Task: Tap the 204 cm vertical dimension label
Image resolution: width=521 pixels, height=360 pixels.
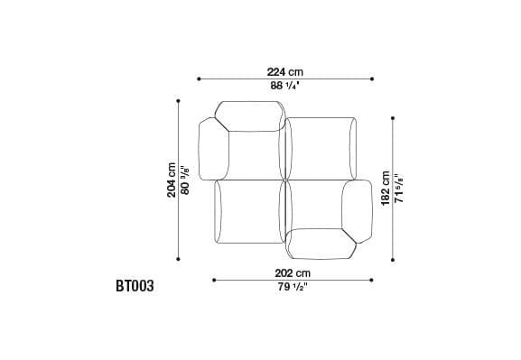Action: (x=172, y=180)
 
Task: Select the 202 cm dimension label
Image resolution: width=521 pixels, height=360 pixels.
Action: (x=292, y=272)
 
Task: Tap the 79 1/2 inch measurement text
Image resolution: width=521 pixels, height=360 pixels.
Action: (x=292, y=288)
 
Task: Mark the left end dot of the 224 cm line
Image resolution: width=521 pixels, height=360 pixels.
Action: (x=196, y=78)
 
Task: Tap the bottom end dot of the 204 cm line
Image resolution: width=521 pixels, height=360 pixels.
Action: (x=179, y=259)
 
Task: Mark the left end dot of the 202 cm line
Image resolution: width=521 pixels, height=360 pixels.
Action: (x=214, y=280)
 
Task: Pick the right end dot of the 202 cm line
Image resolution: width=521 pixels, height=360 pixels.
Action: (x=370, y=280)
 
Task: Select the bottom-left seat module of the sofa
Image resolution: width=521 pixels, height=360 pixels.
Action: (x=248, y=212)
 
